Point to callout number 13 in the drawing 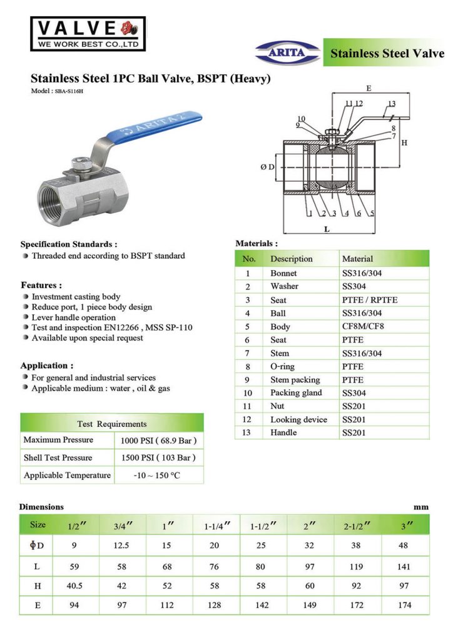[x=391, y=104]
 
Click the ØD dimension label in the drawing [x=267, y=167]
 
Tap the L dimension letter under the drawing [x=327, y=229]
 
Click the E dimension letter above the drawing [x=369, y=88]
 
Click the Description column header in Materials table [x=291, y=259]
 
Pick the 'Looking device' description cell [x=298, y=419]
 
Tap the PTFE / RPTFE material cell [x=370, y=300]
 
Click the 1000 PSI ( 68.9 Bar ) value [x=160, y=441]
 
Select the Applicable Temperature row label [x=67, y=476]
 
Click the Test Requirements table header [x=111, y=424]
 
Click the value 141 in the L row [x=404, y=566]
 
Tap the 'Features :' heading [x=41, y=285]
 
